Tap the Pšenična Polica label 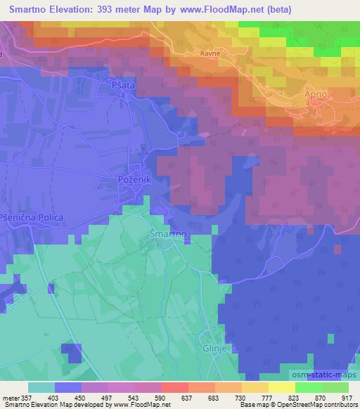(x=32, y=218)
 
